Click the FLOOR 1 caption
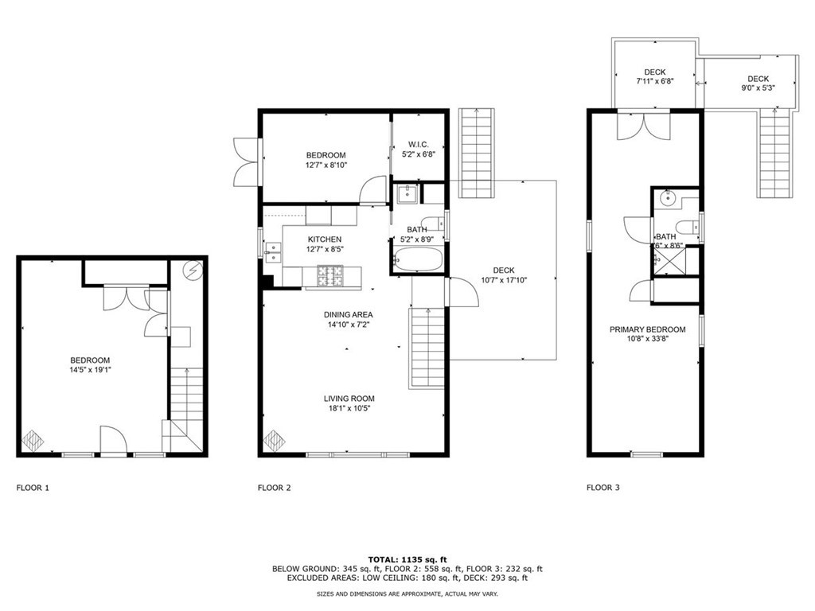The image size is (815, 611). tap(33, 488)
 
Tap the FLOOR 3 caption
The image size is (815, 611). tap(602, 488)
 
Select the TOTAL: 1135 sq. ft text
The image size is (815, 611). tap(407, 558)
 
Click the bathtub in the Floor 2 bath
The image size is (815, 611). tap(418, 259)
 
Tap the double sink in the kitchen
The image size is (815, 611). tap(274, 252)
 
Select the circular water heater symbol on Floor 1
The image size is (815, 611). tap(193, 270)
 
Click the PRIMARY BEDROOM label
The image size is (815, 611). tap(647, 329)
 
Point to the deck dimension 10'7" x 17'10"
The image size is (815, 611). tap(504, 279)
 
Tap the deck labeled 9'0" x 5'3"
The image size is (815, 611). tap(757, 83)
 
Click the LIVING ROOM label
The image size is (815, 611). tap(349, 399)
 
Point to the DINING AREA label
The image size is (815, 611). tap(348, 313)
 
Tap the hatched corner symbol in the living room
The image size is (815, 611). tap(273, 439)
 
